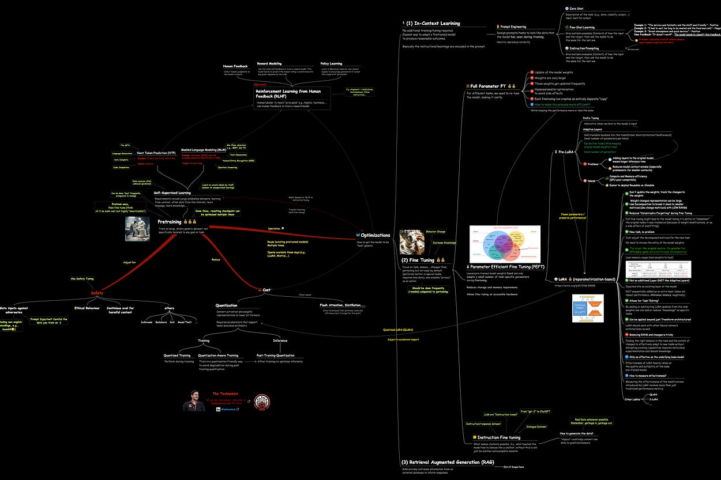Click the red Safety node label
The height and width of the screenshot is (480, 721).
96,293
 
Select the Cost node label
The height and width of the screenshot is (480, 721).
266,289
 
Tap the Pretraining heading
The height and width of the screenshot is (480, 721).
170,221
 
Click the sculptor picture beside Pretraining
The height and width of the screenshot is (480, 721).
137,228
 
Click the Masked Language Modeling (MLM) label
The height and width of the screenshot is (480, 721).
203,149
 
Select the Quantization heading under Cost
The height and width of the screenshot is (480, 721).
226,305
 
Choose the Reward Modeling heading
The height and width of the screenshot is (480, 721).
269,63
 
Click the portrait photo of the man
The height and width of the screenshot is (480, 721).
194,401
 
